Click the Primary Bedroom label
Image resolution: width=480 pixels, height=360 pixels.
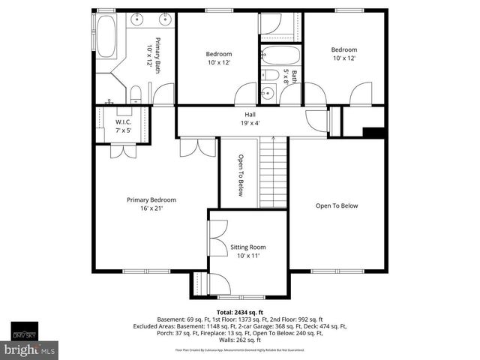(x=151, y=204)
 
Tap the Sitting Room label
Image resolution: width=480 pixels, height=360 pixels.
(x=247, y=251)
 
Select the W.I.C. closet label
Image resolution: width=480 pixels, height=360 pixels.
(x=124, y=126)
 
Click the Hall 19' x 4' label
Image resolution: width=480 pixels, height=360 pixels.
(x=250, y=118)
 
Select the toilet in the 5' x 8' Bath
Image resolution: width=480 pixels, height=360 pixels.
(x=267, y=74)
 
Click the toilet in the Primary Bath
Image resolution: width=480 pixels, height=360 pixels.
(x=135, y=94)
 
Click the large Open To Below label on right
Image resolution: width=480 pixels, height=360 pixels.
(x=337, y=206)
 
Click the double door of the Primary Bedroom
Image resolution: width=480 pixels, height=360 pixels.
(x=198, y=147)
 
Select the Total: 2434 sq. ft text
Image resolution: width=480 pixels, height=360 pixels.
(x=240, y=311)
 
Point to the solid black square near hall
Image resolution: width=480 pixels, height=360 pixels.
(x=375, y=133)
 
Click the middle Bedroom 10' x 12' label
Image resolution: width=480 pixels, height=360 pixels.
(x=219, y=58)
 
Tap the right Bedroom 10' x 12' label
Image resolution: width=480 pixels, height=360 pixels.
(x=344, y=54)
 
